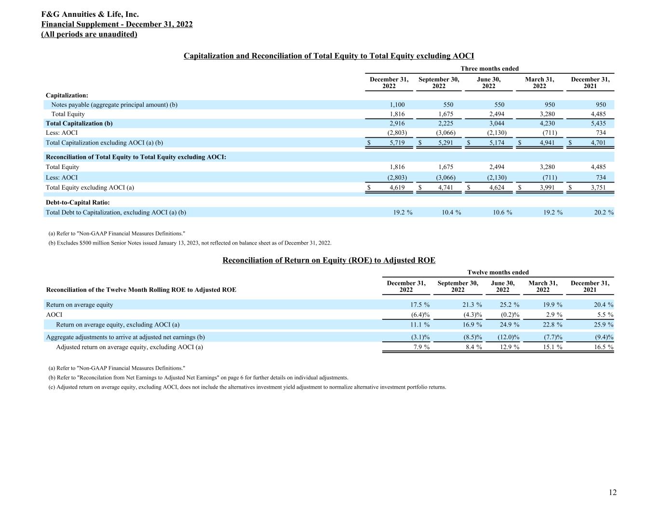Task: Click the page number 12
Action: [612, 492]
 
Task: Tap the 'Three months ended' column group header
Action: [489, 68]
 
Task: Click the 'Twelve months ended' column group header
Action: [498, 272]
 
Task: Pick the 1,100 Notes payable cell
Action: [397, 104]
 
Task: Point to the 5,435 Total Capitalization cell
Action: [598, 123]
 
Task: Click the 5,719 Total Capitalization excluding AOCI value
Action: [397, 143]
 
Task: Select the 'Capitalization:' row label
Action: [67, 95]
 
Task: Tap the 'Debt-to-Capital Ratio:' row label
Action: [78, 203]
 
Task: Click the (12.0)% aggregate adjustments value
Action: [508, 337]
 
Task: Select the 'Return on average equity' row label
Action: [80, 304]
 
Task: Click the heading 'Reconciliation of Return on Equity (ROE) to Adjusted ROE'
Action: [329, 260]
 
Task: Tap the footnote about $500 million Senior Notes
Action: [190, 243]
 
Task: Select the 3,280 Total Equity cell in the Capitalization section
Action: [547, 114]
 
